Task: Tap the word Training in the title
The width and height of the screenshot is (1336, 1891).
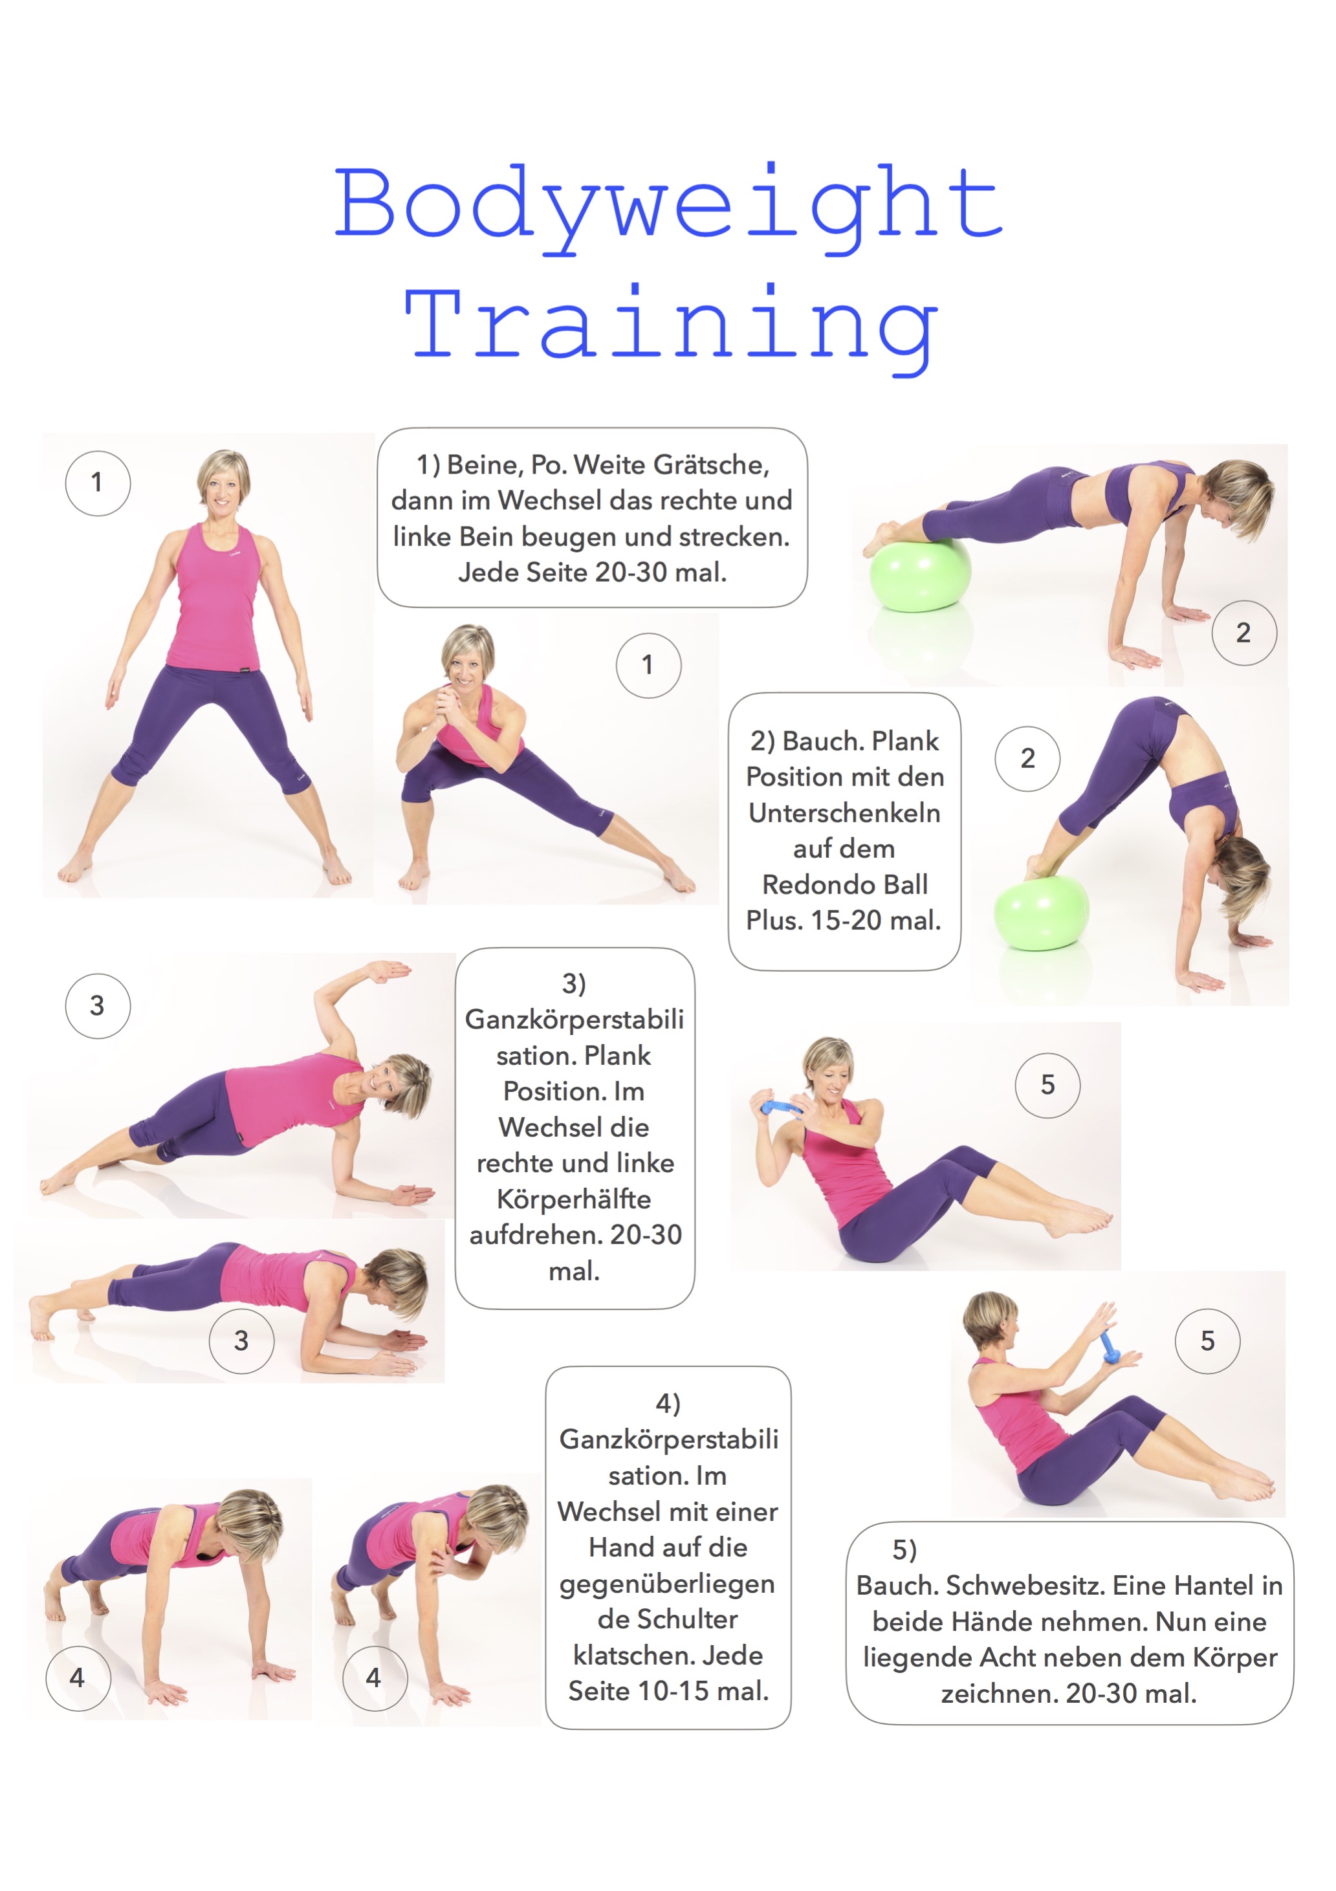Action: pyautogui.click(x=672, y=328)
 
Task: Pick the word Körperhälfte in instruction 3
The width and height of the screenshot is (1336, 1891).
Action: pyautogui.click(x=573, y=1199)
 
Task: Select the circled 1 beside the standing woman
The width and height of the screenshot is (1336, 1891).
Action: pyautogui.click(x=97, y=483)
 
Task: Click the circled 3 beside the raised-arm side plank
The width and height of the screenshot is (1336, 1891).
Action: pyautogui.click(x=97, y=1005)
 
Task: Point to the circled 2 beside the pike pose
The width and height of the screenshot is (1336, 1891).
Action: pyautogui.click(x=1027, y=759)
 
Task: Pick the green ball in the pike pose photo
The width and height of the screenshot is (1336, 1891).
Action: pyautogui.click(x=1041, y=913)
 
